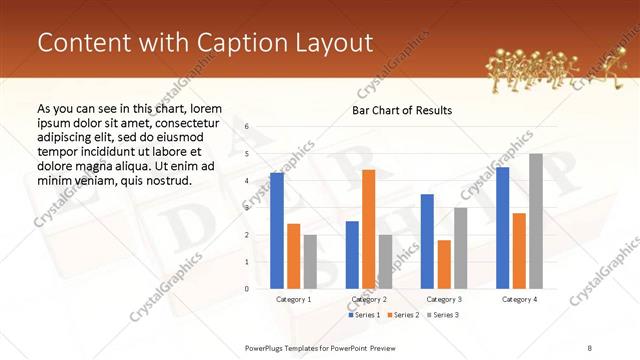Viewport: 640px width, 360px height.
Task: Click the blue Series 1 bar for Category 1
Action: pyautogui.click(x=277, y=231)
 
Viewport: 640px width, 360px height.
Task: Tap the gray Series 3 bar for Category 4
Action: pyautogui.click(x=536, y=221)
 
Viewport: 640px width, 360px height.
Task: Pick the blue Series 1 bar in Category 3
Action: pyautogui.click(x=427, y=241)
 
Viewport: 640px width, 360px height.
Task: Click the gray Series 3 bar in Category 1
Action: pyautogui.click(x=310, y=262)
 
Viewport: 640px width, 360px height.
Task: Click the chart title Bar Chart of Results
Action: pyautogui.click(x=402, y=110)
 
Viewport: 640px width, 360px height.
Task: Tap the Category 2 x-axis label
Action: pyautogui.click(x=369, y=299)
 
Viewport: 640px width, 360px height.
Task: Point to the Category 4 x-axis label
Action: pyautogui.click(x=519, y=299)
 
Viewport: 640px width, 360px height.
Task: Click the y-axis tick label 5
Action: pyautogui.click(x=247, y=154)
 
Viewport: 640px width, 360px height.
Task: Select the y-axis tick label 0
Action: pyautogui.click(x=247, y=289)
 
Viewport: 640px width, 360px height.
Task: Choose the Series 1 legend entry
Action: pyautogui.click(x=364, y=315)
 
